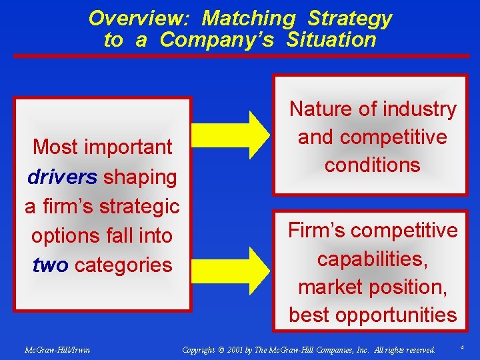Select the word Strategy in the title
click(x=350, y=18)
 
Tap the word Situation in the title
click(x=331, y=40)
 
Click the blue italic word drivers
click(x=63, y=177)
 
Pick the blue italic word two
click(x=50, y=265)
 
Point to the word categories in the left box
click(x=123, y=265)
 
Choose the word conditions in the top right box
click(x=372, y=165)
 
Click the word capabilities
click(x=372, y=259)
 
